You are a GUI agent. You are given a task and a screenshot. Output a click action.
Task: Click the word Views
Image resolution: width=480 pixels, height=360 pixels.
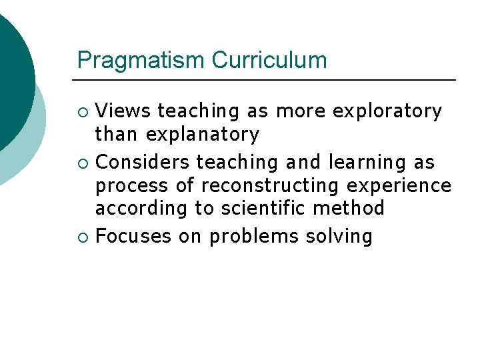tap(123, 111)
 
